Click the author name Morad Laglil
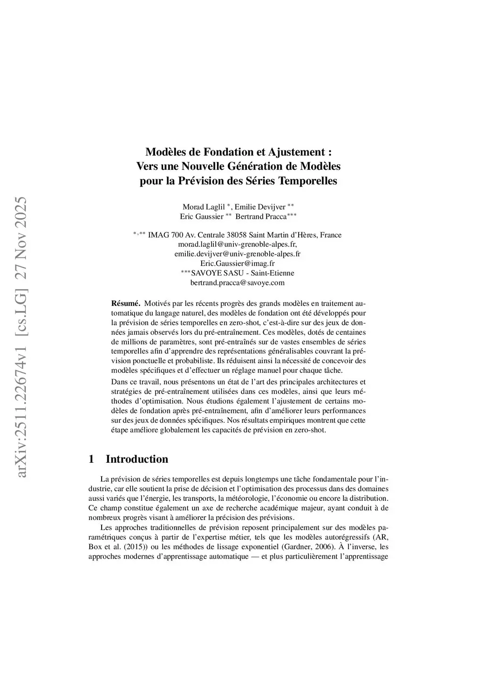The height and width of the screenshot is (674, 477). coord(204,207)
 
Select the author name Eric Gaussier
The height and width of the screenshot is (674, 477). coord(202,216)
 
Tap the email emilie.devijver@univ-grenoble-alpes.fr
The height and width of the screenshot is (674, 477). coord(238,254)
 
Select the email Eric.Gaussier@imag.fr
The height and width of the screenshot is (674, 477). coord(238,263)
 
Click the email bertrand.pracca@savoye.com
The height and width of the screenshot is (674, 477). coord(238,283)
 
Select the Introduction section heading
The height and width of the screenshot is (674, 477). coord(137,459)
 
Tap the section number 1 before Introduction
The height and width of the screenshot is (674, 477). coord(91,459)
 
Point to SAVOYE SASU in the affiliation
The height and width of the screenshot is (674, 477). coord(218,273)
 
